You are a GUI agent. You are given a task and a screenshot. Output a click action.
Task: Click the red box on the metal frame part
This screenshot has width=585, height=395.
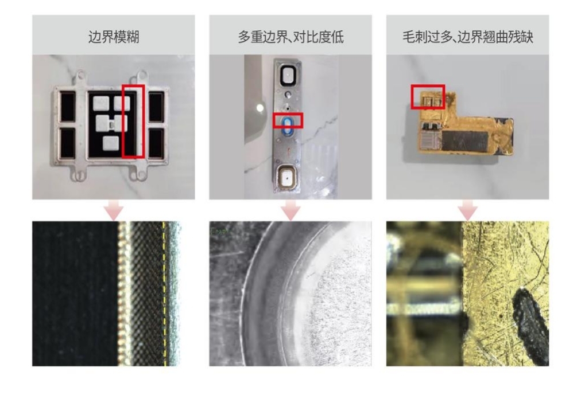point(133,121)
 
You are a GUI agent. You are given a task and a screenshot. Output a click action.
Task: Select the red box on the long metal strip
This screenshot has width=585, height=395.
point(287,120)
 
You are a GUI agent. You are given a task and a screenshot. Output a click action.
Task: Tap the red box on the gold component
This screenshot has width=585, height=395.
point(428,97)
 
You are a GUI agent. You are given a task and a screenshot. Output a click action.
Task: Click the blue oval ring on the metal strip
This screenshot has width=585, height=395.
point(286,124)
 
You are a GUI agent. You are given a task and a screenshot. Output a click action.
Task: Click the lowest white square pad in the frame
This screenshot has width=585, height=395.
point(111,142)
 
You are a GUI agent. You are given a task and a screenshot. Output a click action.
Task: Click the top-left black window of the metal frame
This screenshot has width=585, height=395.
point(68,107)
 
